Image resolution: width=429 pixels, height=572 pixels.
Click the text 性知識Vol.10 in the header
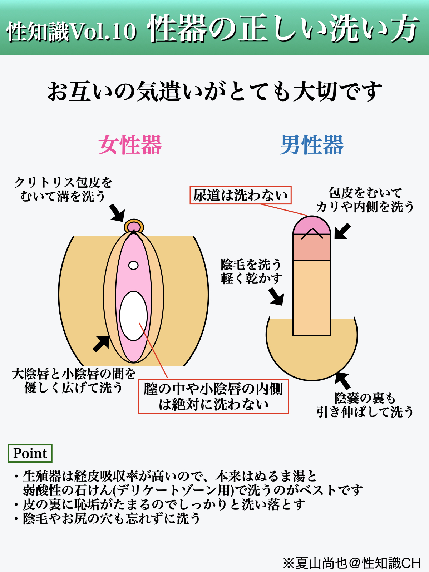pos(71,31)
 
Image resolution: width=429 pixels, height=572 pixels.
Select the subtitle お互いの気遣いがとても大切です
pos(214,92)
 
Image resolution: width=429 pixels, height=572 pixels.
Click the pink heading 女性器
pos(130,145)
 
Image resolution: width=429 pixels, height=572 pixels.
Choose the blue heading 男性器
pos(312,145)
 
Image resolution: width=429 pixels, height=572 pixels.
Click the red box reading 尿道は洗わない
pos(240,195)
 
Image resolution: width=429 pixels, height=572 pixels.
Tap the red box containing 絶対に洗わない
pos(213,396)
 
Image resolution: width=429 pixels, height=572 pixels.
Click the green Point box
pos(30,453)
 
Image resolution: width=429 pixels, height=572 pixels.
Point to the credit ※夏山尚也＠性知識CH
pos(352,563)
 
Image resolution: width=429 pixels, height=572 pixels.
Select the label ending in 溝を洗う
pos(63,189)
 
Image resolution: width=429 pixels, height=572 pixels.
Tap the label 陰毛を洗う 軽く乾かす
pos(251,271)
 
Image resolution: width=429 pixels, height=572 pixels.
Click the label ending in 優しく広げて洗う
pos(74,381)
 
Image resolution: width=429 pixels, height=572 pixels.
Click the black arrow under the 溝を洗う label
pos(117,213)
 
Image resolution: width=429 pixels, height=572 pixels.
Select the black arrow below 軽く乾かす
pos(277,297)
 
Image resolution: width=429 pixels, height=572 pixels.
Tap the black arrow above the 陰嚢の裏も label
pos(342,380)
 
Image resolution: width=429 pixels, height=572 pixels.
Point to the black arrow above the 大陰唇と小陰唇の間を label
pos(101,344)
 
